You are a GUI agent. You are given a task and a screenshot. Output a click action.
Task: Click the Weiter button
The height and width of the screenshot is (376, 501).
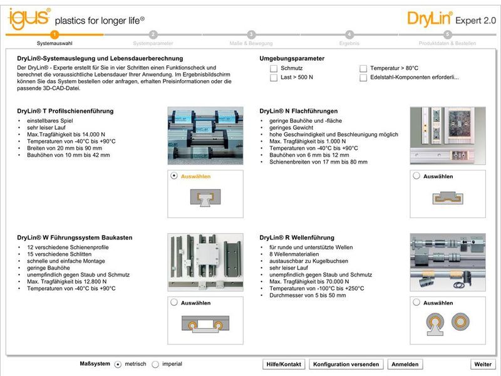click(x=483, y=364)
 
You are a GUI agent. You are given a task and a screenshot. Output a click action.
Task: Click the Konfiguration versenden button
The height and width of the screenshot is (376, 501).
click(x=346, y=364)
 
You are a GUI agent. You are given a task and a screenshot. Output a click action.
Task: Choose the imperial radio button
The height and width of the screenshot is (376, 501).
click(x=155, y=364)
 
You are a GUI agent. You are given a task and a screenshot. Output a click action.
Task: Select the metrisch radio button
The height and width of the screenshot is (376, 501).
click(x=118, y=364)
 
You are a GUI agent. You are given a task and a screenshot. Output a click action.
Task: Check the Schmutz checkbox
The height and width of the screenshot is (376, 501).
click(x=274, y=68)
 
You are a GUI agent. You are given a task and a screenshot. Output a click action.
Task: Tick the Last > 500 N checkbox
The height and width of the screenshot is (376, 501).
click(x=274, y=78)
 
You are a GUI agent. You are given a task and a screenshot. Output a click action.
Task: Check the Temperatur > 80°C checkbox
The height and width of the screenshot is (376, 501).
click(x=363, y=68)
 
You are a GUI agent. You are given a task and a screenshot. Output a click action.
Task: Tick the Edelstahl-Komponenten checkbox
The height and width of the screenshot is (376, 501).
click(x=363, y=78)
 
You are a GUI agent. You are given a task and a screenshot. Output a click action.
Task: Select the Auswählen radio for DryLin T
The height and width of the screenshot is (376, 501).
click(x=174, y=177)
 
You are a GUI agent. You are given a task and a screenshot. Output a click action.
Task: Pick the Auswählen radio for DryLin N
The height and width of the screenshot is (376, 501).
click(x=416, y=177)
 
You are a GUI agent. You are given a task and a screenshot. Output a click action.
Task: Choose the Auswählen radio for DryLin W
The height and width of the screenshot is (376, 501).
click(x=174, y=303)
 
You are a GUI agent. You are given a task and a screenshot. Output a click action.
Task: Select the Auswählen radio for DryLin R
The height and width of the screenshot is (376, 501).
click(x=416, y=303)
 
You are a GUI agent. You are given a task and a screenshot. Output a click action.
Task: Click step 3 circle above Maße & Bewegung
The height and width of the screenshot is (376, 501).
click(x=251, y=34)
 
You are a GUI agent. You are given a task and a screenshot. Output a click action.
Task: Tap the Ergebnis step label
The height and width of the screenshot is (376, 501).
click(x=349, y=44)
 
